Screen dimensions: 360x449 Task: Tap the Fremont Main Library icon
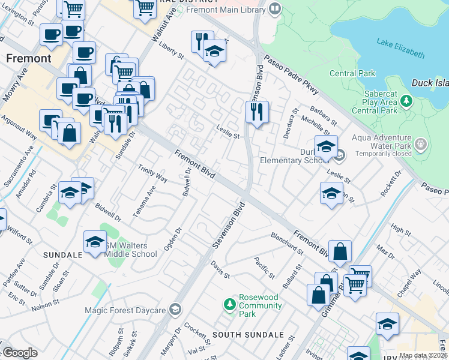point(275,9)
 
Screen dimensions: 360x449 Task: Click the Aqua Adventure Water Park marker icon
point(421,144)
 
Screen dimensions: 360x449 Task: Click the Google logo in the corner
point(20,353)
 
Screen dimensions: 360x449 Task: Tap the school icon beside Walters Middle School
point(95,241)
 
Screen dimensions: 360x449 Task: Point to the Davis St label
point(220,270)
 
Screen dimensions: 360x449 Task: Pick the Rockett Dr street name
point(391,183)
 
